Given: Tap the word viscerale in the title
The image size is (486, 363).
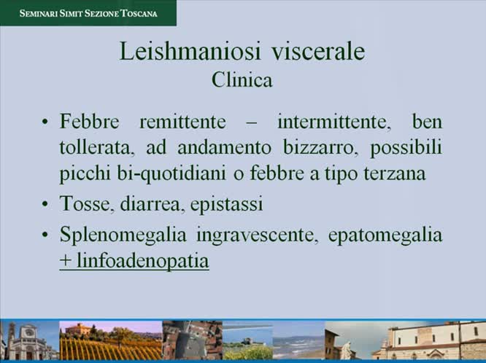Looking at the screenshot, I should pyautogui.click(x=319, y=52).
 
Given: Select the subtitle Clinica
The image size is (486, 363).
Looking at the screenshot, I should pyautogui.click(x=242, y=79).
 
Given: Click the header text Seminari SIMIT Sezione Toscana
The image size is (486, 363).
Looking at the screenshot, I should pyautogui.click(x=88, y=12).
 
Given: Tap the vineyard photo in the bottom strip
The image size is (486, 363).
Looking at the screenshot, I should pyautogui.click(x=110, y=340).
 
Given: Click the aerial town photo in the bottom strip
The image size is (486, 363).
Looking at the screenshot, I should pyautogui.click(x=191, y=340).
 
